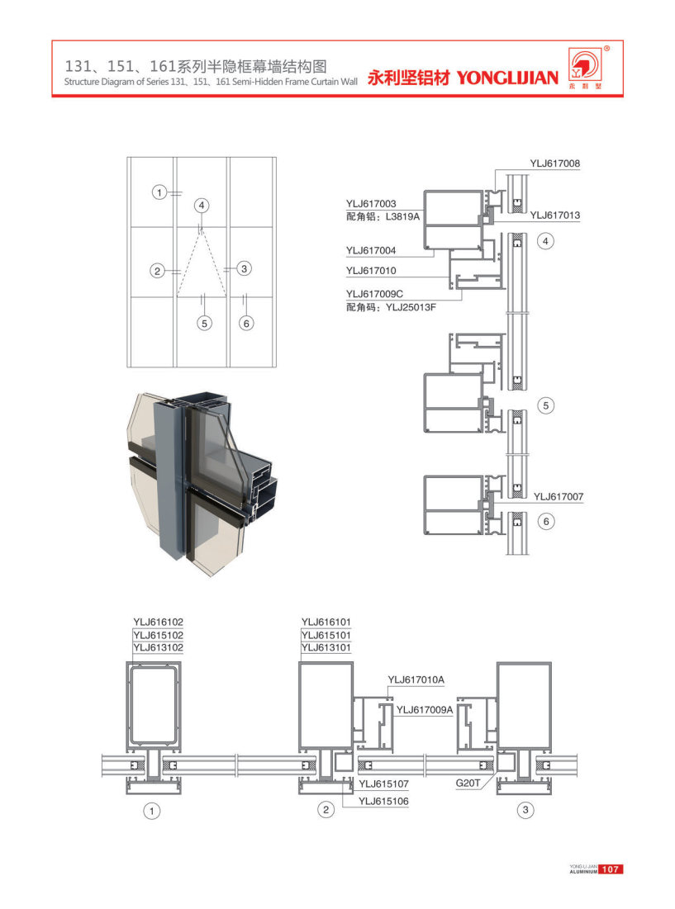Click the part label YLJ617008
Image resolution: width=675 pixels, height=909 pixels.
point(554,163)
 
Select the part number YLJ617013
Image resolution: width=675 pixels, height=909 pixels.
point(554,215)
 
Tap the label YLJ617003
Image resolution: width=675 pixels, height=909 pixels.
point(371,203)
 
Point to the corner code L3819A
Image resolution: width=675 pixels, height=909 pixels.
point(402,217)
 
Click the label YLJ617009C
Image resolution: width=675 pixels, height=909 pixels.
point(374,294)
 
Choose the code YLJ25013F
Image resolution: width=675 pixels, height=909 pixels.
point(411,307)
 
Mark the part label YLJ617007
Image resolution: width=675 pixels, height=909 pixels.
point(559,496)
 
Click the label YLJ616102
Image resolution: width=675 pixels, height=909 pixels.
point(159,622)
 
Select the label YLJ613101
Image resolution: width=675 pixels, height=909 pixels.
point(326,647)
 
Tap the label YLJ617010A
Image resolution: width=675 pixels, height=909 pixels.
point(416,679)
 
